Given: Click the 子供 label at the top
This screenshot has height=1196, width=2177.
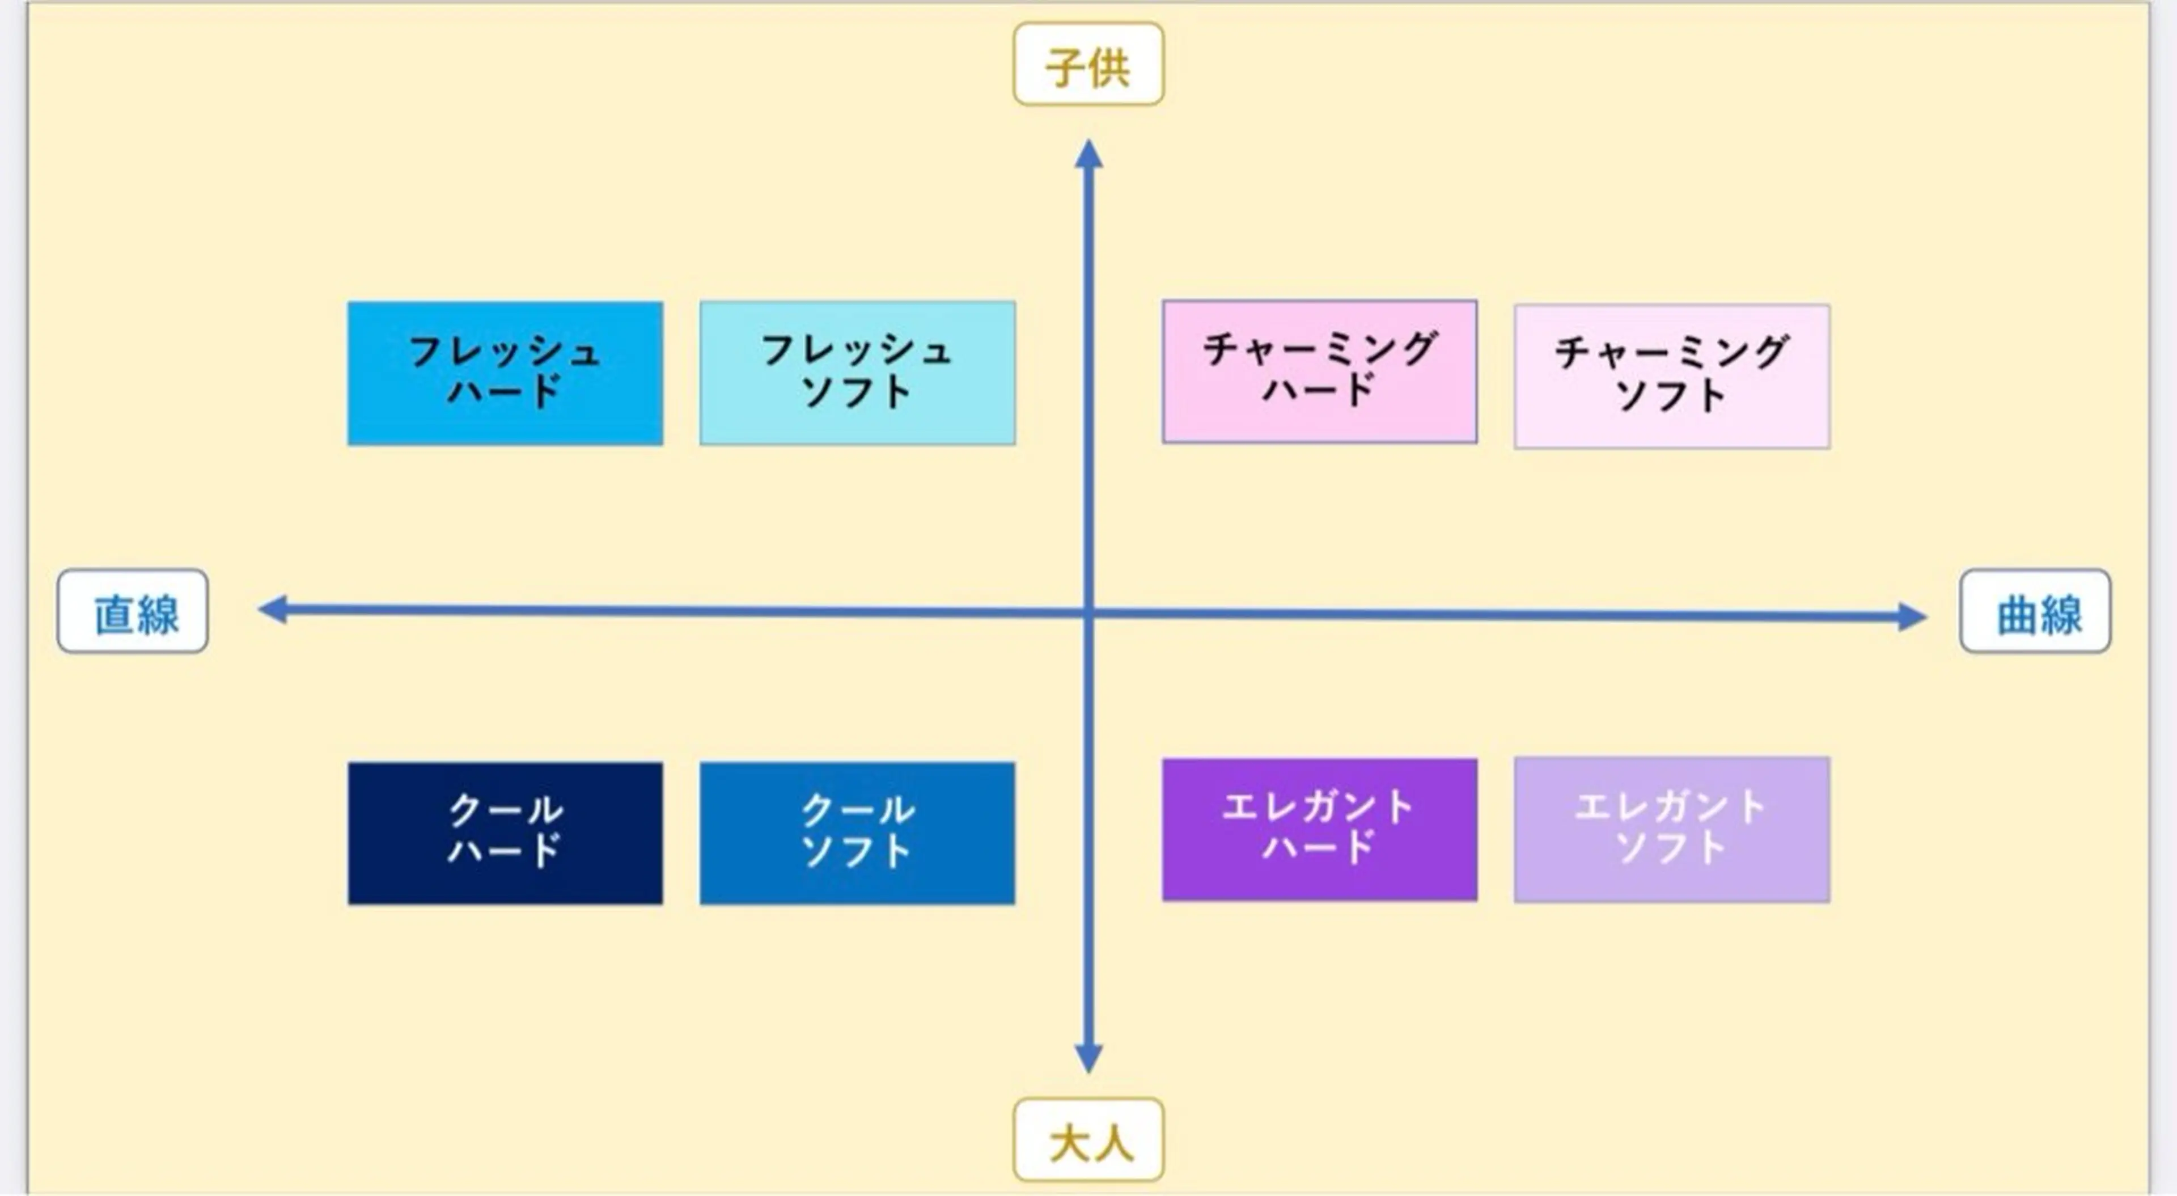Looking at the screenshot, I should click(x=1088, y=64).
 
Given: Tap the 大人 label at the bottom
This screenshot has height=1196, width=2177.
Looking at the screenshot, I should click(x=1088, y=1140).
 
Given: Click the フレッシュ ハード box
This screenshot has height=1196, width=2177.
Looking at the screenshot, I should click(x=505, y=373).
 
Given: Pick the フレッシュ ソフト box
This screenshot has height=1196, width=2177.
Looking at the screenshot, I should click(x=858, y=373).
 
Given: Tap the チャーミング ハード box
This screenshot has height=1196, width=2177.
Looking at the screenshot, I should click(x=1319, y=371).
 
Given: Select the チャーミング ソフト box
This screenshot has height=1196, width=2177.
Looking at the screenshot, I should click(x=1672, y=376).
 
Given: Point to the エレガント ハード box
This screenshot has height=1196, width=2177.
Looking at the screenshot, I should click(x=1319, y=829).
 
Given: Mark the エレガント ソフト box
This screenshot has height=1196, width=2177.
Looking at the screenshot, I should click(x=1672, y=829).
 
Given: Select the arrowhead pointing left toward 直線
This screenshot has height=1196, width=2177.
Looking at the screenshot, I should click(x=273, y=610).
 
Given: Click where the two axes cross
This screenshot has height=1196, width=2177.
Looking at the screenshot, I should click(x=1088, y=613).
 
